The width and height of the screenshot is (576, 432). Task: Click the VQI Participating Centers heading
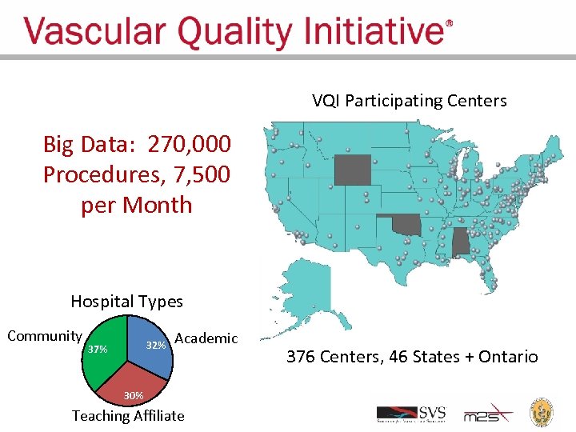pos(409,101)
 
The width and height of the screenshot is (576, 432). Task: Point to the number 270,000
pos(191,145)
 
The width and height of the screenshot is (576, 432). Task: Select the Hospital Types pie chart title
pos(126,302)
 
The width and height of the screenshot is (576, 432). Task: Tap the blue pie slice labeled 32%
pos(152,344)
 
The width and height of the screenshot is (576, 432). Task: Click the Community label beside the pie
pos(44,336)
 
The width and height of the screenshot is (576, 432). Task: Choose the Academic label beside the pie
pos(206,338)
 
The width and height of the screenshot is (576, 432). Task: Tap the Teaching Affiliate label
pos(128,416)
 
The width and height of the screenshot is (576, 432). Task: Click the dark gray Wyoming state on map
pos(352,169)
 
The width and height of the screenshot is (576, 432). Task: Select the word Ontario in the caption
pos(508,357)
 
